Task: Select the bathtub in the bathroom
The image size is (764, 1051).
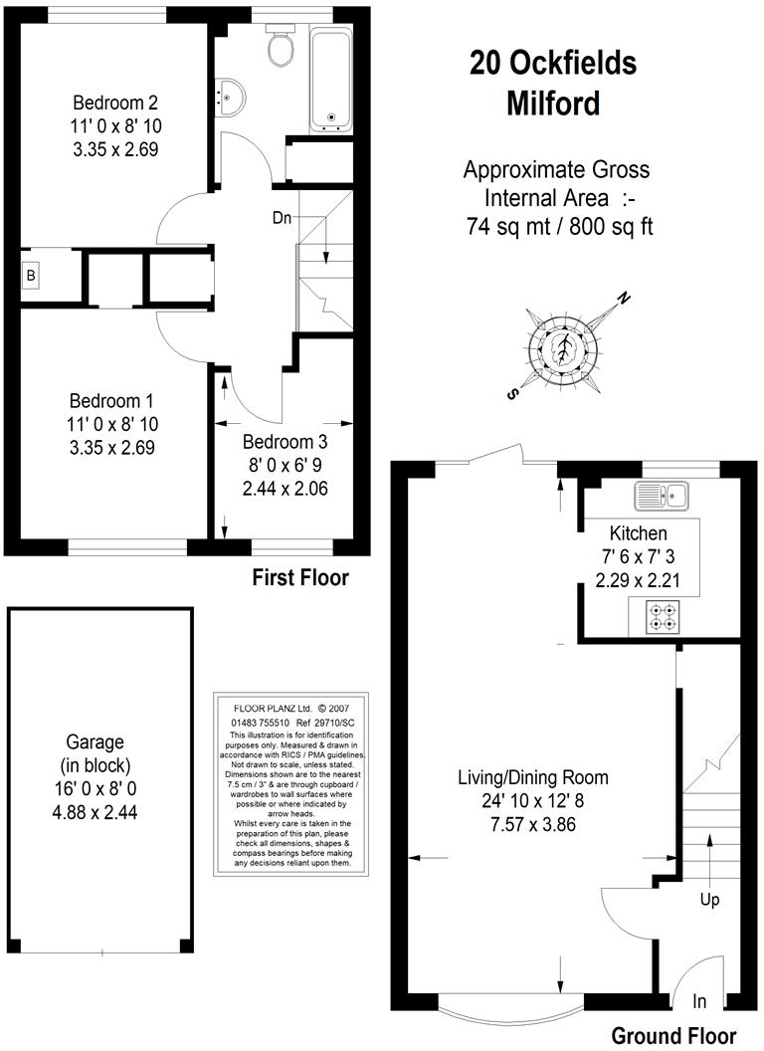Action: (331, 80)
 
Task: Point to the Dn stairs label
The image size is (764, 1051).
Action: (284, 217)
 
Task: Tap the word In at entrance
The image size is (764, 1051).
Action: (700, 999)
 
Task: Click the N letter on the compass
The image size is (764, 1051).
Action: (624, 298)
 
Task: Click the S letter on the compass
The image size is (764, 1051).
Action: (512, 394)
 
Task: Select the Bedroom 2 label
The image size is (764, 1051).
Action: (116, 103)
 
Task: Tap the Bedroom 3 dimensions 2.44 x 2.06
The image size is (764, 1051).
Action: (285, 489)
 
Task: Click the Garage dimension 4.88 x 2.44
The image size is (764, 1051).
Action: (95, 812)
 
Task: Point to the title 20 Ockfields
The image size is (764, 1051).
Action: (553, 64)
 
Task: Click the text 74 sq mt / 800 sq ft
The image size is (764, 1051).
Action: (559, 226)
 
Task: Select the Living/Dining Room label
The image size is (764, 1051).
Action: (532, 777)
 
